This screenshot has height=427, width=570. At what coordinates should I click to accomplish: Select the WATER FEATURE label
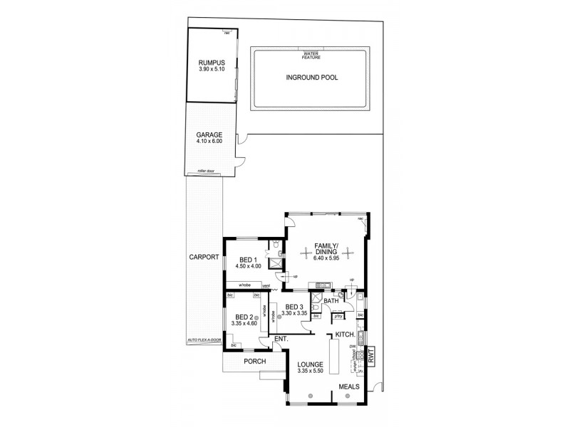(x=311, y=54)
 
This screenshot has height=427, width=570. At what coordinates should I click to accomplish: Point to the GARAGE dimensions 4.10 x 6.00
(x=209, y=141)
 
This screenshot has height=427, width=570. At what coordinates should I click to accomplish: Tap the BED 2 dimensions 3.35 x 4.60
(x=244, y=323)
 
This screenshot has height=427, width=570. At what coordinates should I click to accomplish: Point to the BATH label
(x=331, y=301)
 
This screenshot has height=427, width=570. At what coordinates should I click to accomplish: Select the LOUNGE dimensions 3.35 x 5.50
(x=311, y=371)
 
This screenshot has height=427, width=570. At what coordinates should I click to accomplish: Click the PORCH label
(x=254, y=362)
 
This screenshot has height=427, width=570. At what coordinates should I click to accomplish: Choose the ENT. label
(x=281, y=339)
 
